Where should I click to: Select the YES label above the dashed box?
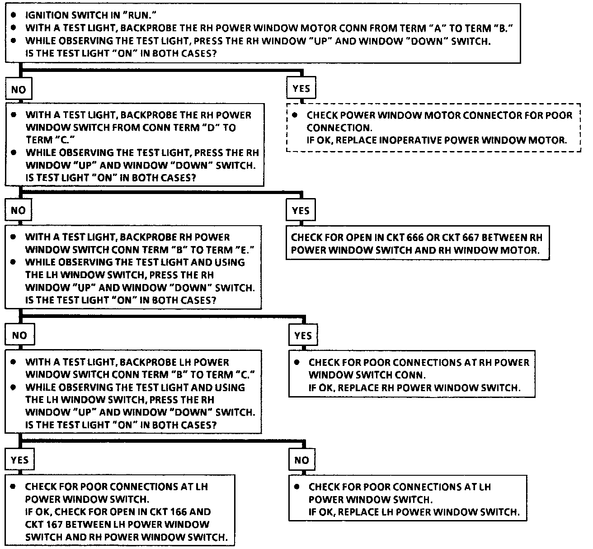[x=301, y=89]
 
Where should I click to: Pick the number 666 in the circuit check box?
[x=414, y=237]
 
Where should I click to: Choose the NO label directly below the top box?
[x=19, y=90]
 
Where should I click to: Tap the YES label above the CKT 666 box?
[x=301, y=211]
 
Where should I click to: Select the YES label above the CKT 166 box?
[x=19, y=460]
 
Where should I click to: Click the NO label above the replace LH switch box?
[x=301, y=460]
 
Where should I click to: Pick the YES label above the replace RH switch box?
[x=303, y=336]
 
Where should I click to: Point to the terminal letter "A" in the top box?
[x=437, y=28]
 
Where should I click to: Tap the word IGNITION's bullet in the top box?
[x=14, y=15]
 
